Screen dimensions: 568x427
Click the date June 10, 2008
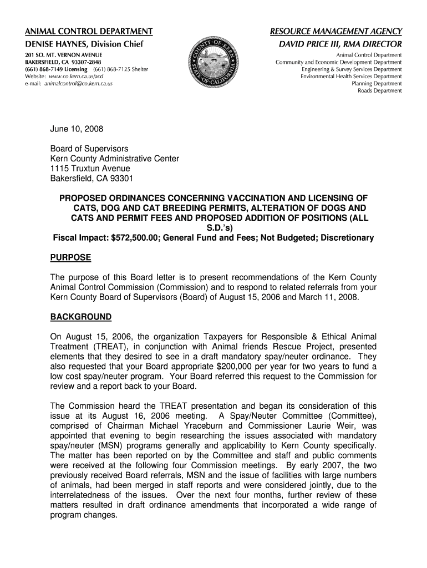(77, 129)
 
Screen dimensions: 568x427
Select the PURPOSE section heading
(70, 257)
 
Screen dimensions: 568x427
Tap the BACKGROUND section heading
(80, 317)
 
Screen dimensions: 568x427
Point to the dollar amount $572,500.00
(139, 238)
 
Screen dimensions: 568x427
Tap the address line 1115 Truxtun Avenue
(90, 169)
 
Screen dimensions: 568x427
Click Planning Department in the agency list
(377, 84)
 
